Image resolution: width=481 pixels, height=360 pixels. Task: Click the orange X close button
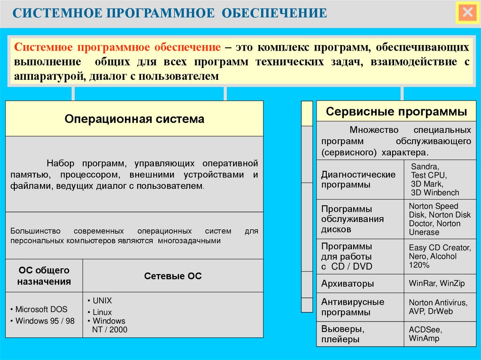click(x=467, y=13)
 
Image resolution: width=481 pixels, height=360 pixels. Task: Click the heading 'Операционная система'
click(x=134, y=119)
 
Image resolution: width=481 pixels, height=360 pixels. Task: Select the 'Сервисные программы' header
click(x=396, y=112)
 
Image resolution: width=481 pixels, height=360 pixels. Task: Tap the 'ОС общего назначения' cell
click(x=44, y=276)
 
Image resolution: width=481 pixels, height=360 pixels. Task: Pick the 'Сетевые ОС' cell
click(x=173, y=276)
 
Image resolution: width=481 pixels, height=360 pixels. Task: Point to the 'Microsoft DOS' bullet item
click(x=41, y=309)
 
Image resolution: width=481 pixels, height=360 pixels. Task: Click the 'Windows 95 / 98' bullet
click(x=45, y=321)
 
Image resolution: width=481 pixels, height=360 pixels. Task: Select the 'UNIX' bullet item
click(x=102, y=301)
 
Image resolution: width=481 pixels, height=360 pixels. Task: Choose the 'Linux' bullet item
click(x=102, y=312)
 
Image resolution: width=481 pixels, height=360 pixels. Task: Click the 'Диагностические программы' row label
click(x=358, y=179)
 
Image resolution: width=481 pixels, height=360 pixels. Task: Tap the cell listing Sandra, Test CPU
click(x=434, y=179)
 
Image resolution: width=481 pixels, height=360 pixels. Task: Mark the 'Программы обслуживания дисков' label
click(x=352, y=219)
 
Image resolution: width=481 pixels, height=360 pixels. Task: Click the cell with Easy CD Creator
click(x=439, y=256)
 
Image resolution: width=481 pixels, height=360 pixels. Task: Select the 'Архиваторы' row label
click(x=348, y=283)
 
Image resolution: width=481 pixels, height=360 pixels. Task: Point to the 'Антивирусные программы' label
click(x=352, y=307)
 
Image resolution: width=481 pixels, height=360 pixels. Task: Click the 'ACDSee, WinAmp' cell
click(x=425, y=334)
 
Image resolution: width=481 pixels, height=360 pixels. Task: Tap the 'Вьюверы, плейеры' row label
click(x=343, y=334)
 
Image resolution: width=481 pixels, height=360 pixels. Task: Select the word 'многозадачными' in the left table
click(x=189, y=240)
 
